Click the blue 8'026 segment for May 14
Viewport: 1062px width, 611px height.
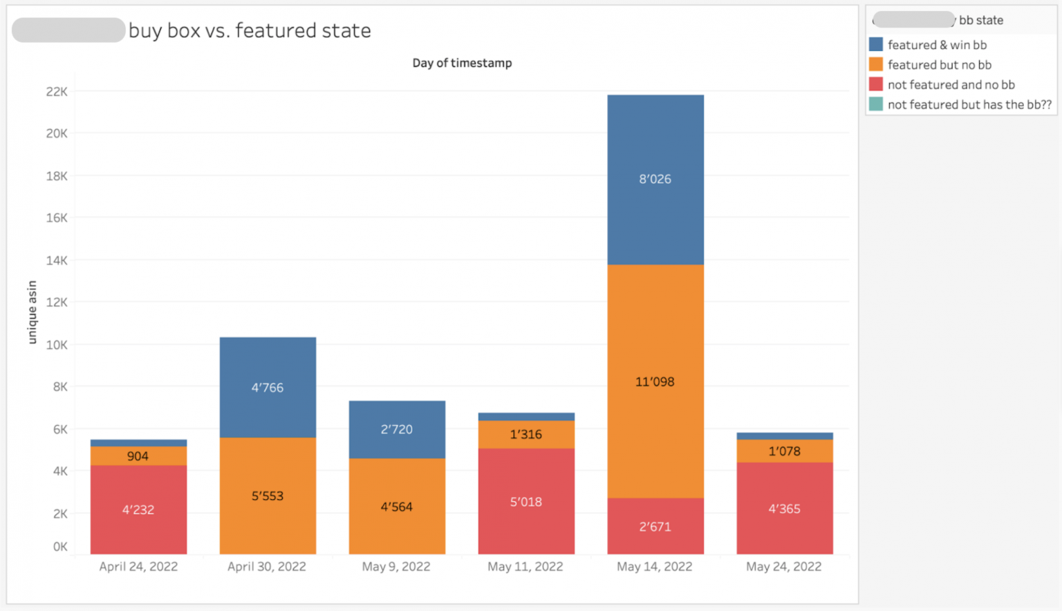[655, 179]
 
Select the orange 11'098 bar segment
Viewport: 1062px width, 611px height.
[655, 381]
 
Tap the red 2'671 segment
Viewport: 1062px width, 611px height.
[655, 526]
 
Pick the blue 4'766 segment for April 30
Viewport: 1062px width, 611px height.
[268, 387]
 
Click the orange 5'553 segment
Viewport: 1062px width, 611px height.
[268, 496]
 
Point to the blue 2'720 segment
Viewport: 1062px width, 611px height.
[397, 429]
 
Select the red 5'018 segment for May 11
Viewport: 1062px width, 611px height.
[526, 502]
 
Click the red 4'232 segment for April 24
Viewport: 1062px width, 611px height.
[138, 509]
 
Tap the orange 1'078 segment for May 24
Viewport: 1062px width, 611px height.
[785, 451]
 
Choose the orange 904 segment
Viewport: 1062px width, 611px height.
[138, 456]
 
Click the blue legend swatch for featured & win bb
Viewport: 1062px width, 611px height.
[876, 45]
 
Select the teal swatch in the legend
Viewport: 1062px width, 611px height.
[876, 104]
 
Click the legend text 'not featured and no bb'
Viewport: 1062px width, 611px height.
[951, 85]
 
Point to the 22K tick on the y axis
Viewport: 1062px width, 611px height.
[57, 92]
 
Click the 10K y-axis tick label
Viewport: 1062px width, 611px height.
[57, 345]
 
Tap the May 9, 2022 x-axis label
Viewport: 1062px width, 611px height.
[396, 567]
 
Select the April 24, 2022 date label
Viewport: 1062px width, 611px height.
[138, 567]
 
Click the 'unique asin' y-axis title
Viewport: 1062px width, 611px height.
[32, 312]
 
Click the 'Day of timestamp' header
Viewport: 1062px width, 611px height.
[462, 63]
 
